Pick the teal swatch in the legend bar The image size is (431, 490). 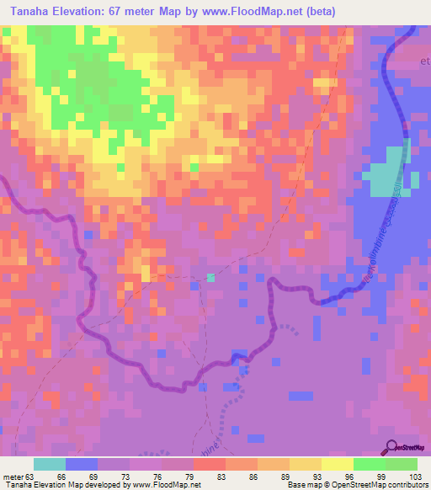50,464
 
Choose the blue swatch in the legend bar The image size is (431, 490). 82,464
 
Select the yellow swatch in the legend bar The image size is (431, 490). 338,464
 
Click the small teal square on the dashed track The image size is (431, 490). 210,278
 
